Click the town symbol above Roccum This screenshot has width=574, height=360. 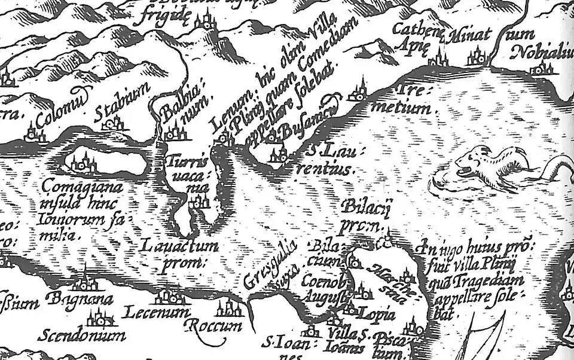[x=230, y=309]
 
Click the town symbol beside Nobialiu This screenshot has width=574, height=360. [x=541, y=68]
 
